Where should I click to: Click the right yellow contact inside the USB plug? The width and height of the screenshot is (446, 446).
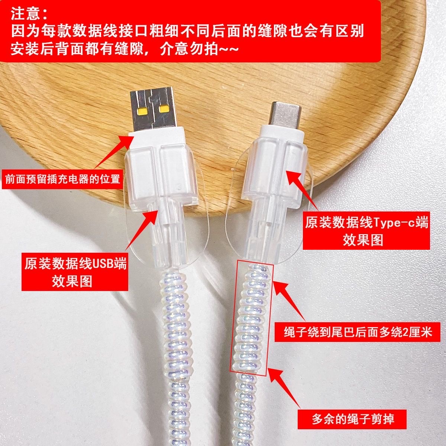click(x=164, y=110)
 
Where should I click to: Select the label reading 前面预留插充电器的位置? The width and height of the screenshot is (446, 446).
click(x=62, y=180)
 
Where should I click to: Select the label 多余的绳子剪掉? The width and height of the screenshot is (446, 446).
click(x=353, y=420)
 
